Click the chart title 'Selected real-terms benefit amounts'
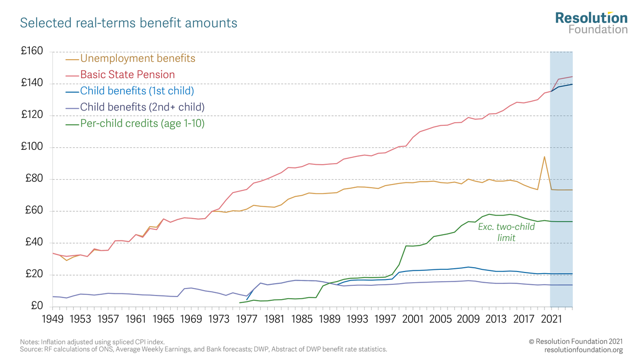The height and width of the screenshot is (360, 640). coord(129,23)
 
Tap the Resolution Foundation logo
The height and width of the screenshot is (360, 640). coord(591,23)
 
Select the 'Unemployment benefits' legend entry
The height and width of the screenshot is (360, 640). coord(138,58)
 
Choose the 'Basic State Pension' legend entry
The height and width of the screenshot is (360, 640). coord(127,75)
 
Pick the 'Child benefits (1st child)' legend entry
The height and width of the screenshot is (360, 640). coord(137,91)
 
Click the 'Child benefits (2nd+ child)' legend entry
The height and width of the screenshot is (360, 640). coord(142,107)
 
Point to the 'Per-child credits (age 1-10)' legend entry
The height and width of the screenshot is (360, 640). coord(142,124)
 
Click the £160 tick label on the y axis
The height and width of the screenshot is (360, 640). coord(31,52)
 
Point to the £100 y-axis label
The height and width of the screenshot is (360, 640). coord(31,148)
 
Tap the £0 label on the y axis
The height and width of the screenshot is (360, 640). coord(36,307)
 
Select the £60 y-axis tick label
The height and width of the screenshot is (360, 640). coord(34,211)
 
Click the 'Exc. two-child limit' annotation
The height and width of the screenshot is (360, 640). coord(506,232)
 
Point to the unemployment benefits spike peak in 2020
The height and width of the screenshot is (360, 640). coord(544,157)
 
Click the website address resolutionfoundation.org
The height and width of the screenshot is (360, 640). coord(583,350)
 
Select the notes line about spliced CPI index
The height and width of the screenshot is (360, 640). coord(92,341)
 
